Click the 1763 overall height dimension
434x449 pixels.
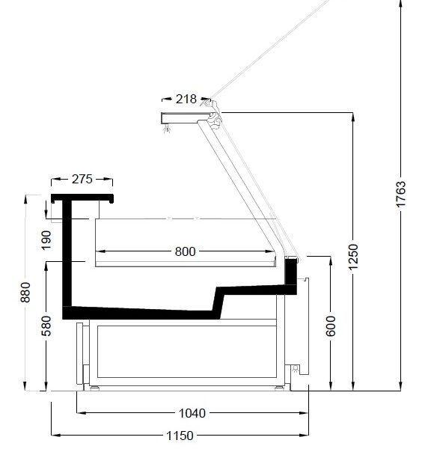[x=401, y=194]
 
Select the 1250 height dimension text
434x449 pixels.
[x=353, y=257]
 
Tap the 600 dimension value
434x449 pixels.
[x=331, y=326]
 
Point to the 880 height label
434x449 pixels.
[x=25, y=293]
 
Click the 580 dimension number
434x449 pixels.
[x=46, y=326]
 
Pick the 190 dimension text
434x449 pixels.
[x=46, y=240]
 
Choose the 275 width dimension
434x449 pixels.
[x=82, y=180]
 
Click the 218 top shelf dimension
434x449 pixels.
[x=186, y=99]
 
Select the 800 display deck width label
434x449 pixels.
[x=186, y=251]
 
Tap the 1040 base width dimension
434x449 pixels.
[x=192, y=413]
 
